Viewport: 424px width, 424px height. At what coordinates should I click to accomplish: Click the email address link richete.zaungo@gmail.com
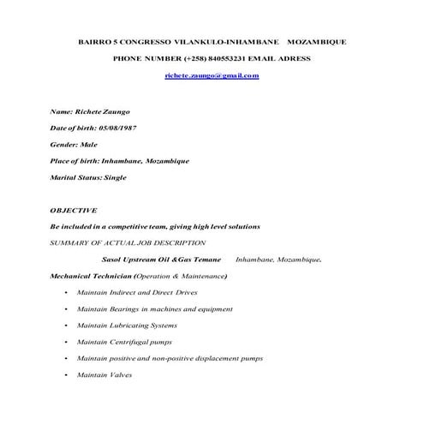212,76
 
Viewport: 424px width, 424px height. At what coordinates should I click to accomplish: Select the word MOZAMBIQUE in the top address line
317,41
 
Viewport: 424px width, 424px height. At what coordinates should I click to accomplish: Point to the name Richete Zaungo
103,111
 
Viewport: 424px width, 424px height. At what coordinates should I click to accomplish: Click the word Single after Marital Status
115,177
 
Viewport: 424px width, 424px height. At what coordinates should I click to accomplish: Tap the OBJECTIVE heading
74,210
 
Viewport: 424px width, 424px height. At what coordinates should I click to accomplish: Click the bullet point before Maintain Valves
65,375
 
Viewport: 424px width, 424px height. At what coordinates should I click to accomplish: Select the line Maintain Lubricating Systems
127,325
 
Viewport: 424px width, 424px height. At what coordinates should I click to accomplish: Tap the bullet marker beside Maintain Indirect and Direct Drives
65,293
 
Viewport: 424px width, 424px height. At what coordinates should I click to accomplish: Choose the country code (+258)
194,58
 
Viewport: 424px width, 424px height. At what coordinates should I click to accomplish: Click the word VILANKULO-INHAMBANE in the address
226,41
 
